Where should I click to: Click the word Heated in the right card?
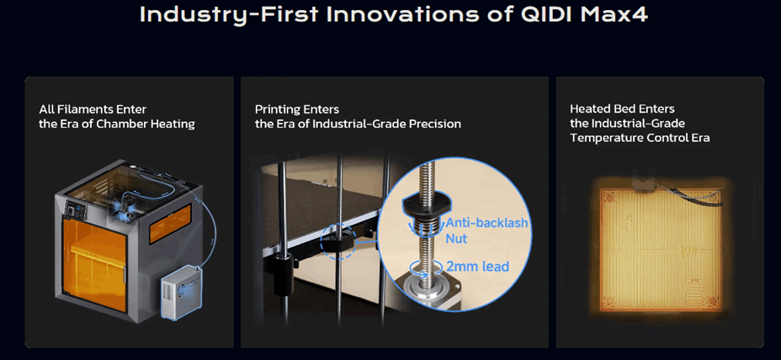pyautogui.click(x=590, y=109)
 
